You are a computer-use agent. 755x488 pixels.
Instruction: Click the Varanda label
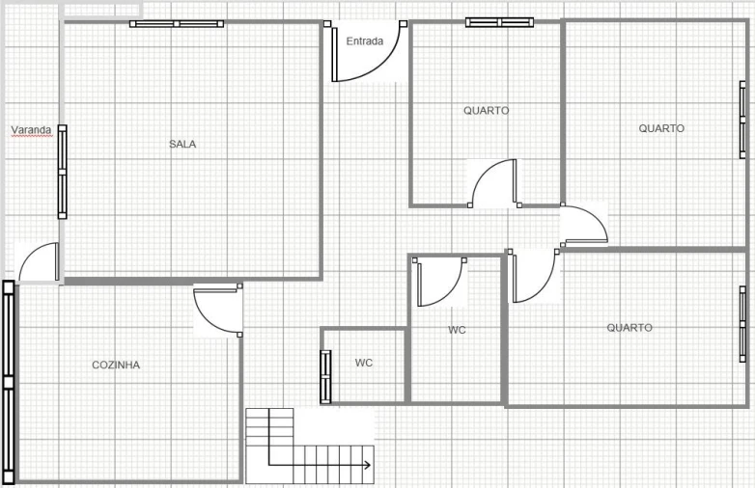[x=31, y=129]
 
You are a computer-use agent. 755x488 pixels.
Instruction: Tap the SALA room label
[x=182, y=144]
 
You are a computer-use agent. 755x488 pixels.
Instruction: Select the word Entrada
[x=364, y=41]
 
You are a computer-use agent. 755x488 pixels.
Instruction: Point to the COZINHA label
[x=116, y=365]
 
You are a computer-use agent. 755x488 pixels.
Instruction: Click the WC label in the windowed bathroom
[x=364, y=363]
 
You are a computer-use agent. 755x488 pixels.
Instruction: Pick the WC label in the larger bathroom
[x=457, y=330]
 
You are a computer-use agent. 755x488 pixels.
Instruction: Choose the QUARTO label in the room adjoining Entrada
[x=486, y=111]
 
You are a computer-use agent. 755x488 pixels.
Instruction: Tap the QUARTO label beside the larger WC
[x=629, y=328]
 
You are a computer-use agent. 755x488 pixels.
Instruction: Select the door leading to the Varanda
[x=40, y=262]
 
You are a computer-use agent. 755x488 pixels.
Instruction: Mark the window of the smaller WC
[x=325, y=376]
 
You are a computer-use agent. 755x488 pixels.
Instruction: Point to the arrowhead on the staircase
[x=367, y=465]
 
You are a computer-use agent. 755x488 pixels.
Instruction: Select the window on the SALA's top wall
[x=177, y=23]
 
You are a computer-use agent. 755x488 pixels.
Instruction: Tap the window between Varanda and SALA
[x=62, y=172]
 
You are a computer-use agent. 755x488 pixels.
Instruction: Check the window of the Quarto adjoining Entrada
[x=500, y=22]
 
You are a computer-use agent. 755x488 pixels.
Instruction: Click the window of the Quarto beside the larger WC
[x=742, y=324]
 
